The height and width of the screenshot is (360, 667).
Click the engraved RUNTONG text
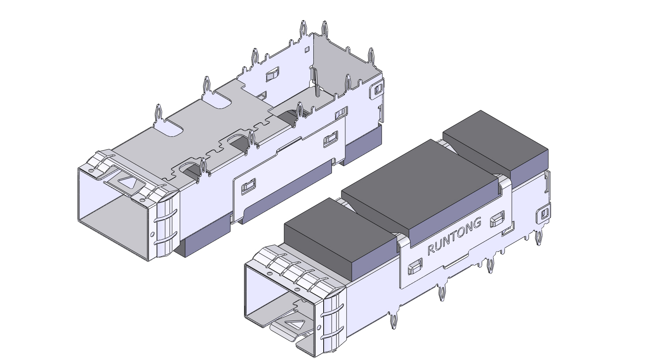(454, 236)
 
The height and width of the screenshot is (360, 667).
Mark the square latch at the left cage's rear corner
(376, 90)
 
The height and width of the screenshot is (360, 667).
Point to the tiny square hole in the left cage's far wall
(307, 50)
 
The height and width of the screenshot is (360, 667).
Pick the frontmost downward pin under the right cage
(393, 321)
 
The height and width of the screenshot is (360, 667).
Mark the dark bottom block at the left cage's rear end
(363, 144)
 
